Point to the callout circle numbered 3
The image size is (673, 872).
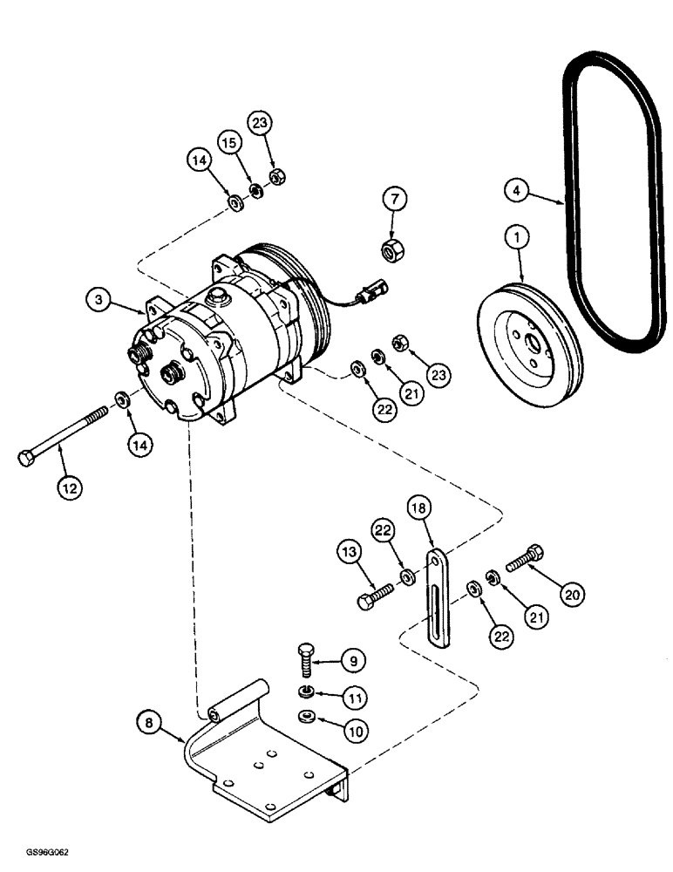pyautogui.click(x=100, y=300)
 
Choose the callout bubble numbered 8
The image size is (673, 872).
pyautogui.click(x=149, y=722)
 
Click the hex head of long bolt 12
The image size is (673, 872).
pyautogui.click(x=26, y=458)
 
